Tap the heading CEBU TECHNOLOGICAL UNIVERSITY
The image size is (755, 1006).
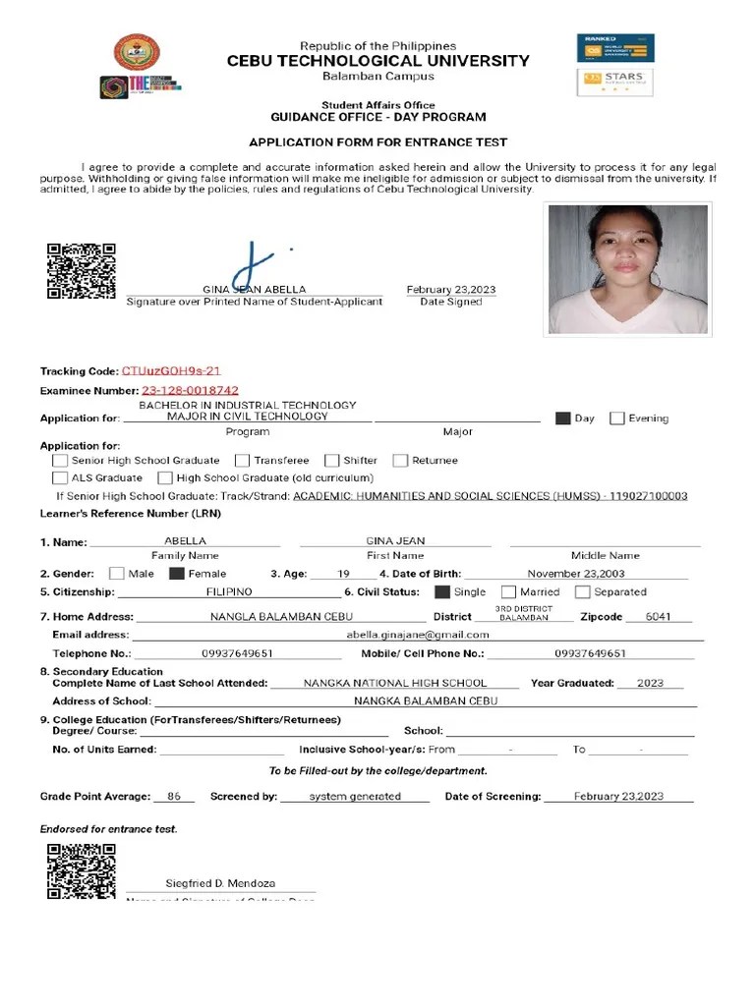click(x=377, y=61)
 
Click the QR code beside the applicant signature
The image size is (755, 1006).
click(x=82, y=270)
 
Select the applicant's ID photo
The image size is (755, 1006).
click(x=628, y=270)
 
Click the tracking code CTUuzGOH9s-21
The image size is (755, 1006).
click(x=171, y=371)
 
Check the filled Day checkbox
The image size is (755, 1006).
click(x=562, y=419)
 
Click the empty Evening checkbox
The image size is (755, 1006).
click(x=616, y=419)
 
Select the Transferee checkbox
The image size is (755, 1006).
click(x=242, y=460)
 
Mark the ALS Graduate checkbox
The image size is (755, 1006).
click(x=60, y=478)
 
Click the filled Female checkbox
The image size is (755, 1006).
click(x=177, y=574)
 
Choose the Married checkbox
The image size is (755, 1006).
click(x=508, y=592)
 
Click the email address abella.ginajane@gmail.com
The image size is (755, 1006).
click(x=418, y=635)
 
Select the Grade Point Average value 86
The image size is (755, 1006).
click(x=174, y=797)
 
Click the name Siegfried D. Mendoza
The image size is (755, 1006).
click(x=219, y=883)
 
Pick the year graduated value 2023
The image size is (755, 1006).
click(x=650, y=683)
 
